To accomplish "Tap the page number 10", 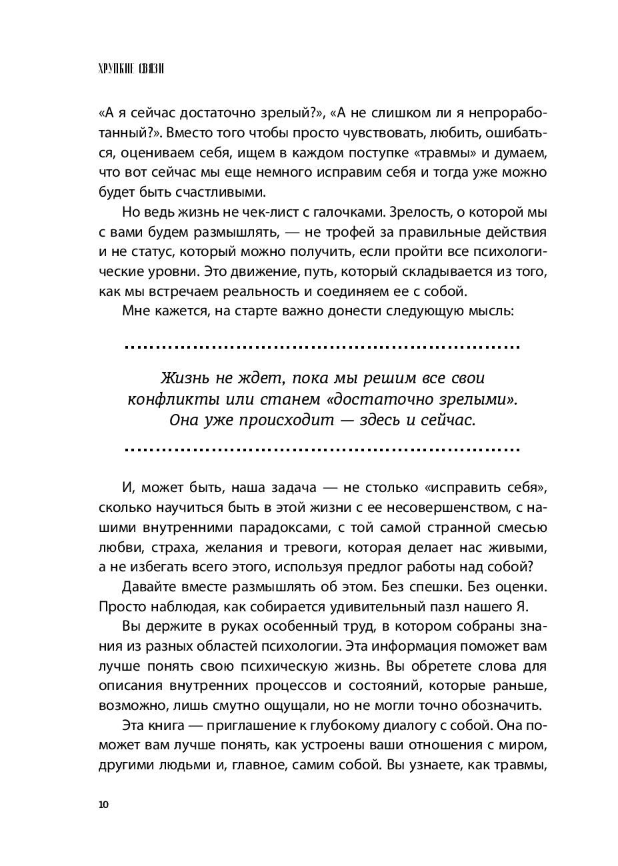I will (x=103, y=804).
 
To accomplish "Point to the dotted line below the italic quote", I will (x=323, y=450).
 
